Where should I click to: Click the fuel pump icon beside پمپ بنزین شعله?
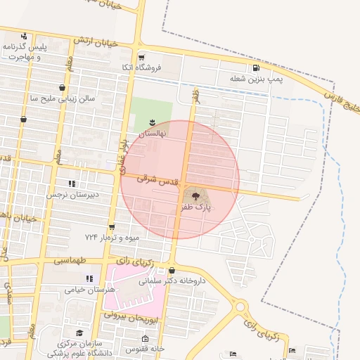pos(255,68)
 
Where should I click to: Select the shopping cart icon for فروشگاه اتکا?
pos(141,58)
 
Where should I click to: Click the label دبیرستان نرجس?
pos(71,195)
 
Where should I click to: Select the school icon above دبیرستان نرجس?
pos(71,184)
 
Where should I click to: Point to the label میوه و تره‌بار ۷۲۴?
pos(112,237)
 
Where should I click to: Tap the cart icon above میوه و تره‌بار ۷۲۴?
pos(112,227)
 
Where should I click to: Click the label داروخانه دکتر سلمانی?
pos(172,281)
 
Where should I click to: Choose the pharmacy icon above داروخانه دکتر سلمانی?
pos(172,270)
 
